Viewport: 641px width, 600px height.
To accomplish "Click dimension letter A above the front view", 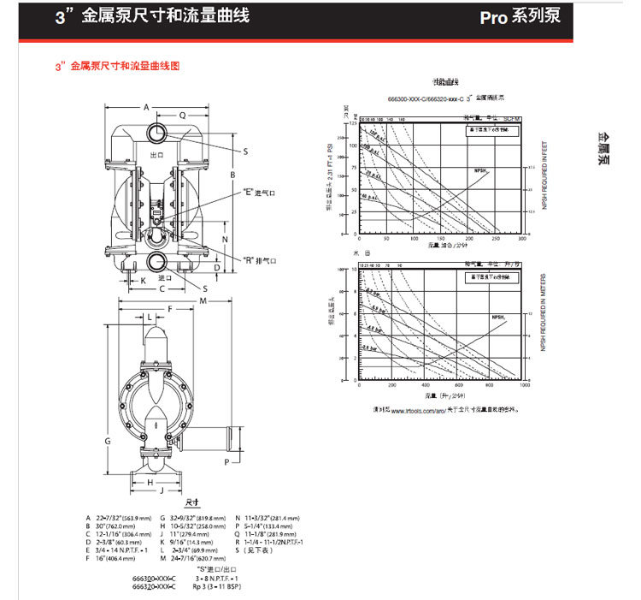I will pos(146,108).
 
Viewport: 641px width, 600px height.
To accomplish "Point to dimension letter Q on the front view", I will pos(182,115).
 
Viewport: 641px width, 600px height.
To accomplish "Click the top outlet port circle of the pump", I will pos(157,133).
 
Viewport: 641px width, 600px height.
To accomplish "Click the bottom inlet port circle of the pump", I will pos(157,260).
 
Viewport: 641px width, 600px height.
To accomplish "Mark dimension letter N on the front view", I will pos(224,241).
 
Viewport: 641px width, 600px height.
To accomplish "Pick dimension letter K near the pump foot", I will pos(143,280).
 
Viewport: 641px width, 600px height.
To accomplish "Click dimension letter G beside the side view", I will pos(109,441).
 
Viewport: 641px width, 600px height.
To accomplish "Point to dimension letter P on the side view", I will pos(226,462).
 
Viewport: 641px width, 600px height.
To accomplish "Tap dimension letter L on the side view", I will pos(150,317).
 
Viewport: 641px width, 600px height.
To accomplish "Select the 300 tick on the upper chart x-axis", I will pos(522,241).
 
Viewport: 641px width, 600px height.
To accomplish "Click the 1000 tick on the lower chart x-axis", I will pos(524,386).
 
